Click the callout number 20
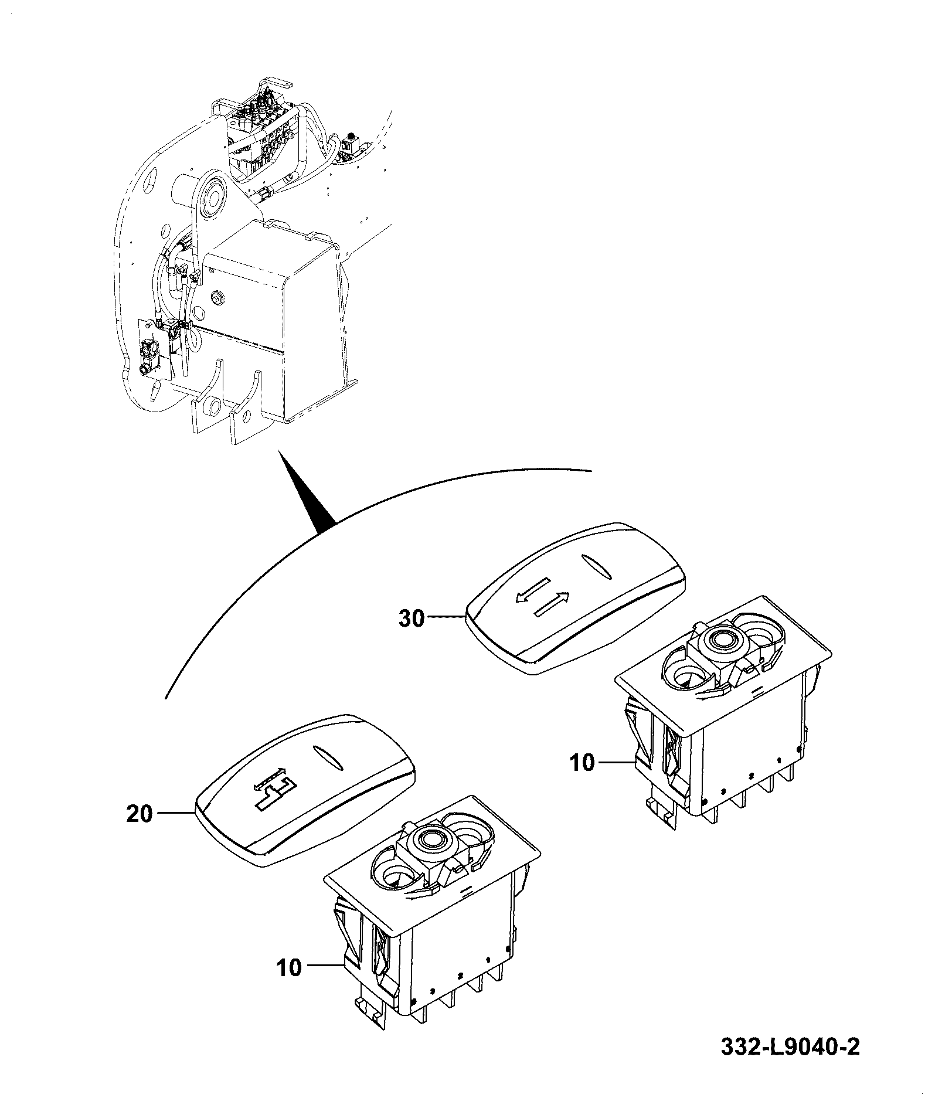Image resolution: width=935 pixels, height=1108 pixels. [x=140, y=814]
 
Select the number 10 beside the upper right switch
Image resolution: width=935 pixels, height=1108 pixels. [x=582, y=763]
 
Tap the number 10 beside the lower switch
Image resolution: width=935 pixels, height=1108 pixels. [x=289, y=968]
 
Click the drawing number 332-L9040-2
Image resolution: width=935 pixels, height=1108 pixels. [x=790, y=1047]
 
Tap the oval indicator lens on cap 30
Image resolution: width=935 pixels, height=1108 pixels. [x=596, y=566]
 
